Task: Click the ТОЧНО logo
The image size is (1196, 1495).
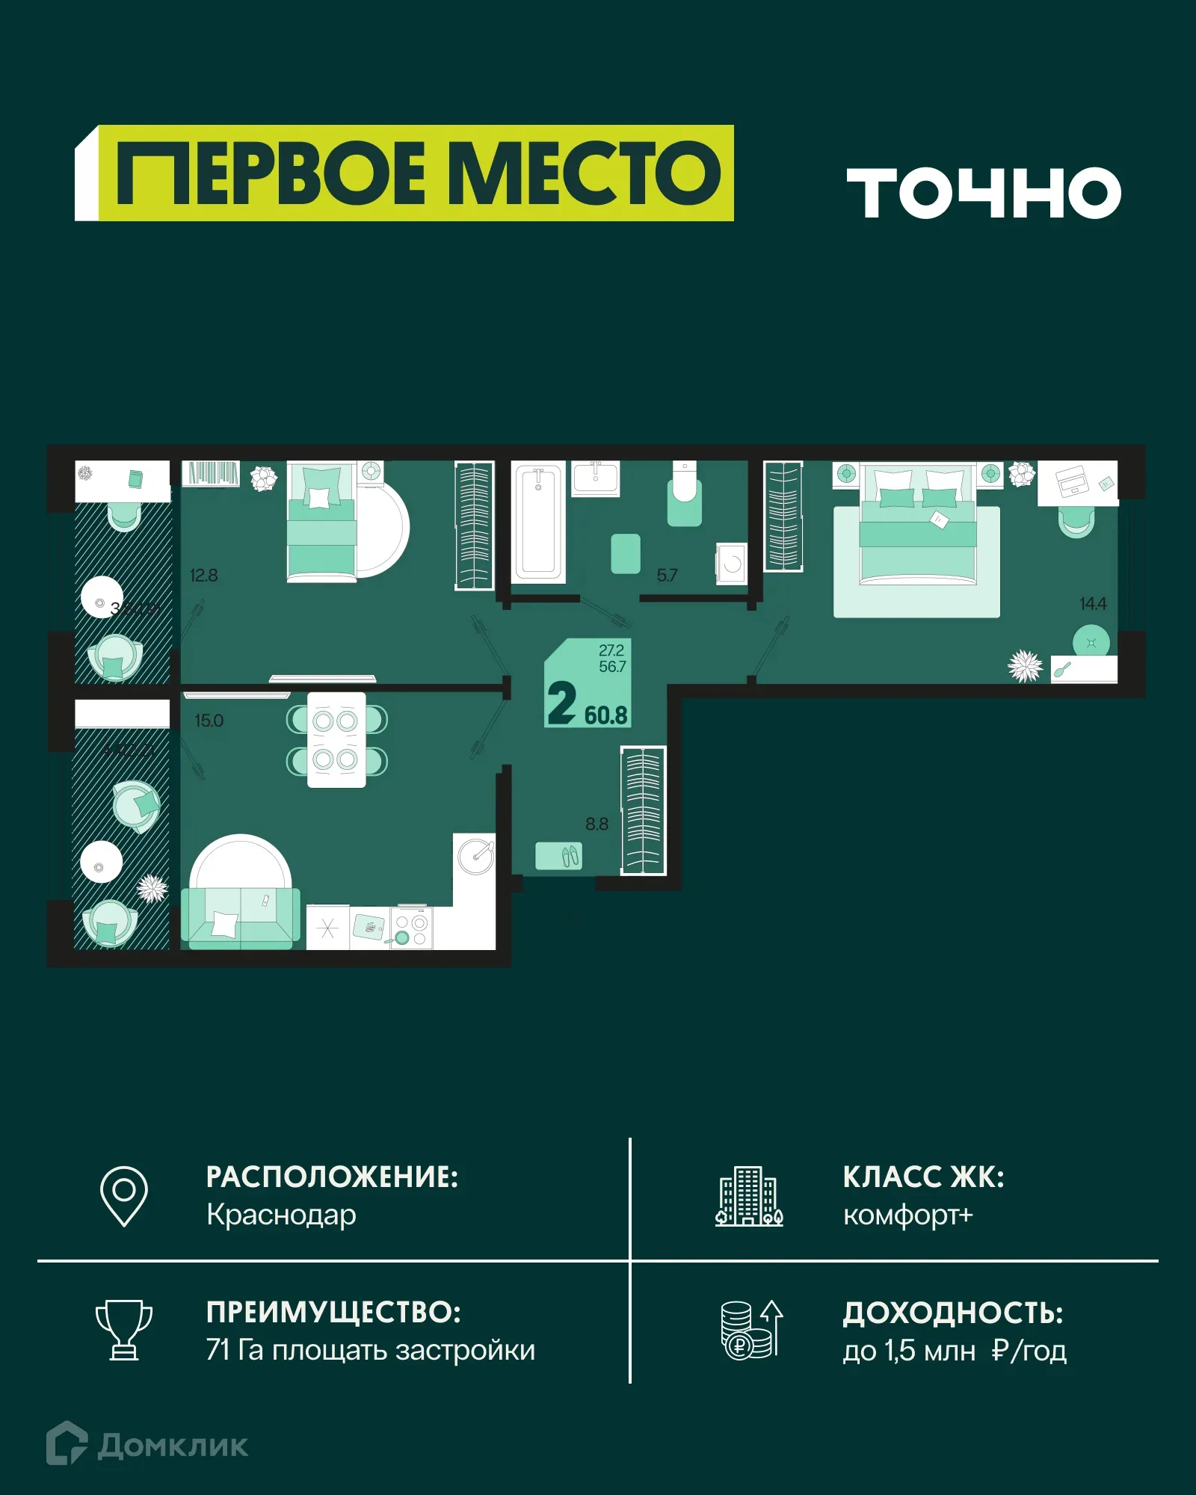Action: (x=984, y=193)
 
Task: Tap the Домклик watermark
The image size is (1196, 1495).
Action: (x=148, y=1445)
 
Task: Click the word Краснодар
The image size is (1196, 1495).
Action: (x=281, y=1215)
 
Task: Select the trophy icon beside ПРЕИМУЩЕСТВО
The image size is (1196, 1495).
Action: (x=124, y=1330)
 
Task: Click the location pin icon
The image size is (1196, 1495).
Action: (x=124, y=1195)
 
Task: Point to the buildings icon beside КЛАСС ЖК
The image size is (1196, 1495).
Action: (x=749, y=1196)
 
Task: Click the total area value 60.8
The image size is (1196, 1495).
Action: (x=605, y=715)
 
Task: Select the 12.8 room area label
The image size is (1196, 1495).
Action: (x=203, y=576)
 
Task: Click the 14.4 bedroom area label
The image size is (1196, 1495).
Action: (x=1092, y=603)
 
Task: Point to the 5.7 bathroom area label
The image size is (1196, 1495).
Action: (x=667, y=576)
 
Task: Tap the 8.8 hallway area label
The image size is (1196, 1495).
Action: (x=597, y=824)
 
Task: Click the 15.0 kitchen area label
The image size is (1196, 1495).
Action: (x=209, y=721)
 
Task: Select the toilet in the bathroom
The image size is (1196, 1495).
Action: (x=684, y=493)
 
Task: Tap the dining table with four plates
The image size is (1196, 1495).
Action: (x=336, y=740)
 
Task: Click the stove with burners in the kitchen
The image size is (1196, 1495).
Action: (x=411, y=929)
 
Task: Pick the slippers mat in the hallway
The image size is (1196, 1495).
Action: (x=558, y=856)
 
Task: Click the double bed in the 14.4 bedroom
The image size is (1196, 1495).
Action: (x=918, y=527)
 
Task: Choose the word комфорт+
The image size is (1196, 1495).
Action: (x=907, y=1215)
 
